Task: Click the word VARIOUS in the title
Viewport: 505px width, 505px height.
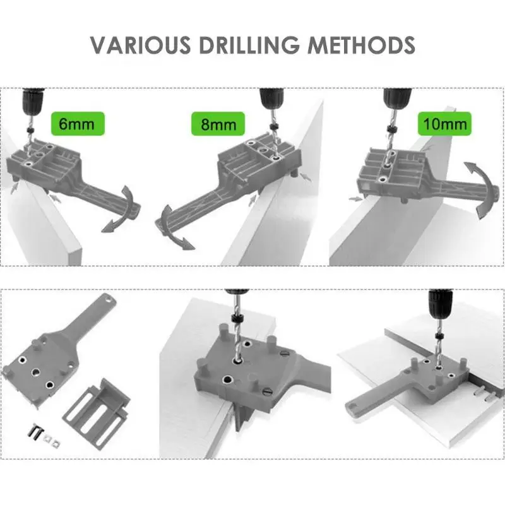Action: click(x=140, y=45)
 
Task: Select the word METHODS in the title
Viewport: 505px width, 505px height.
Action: click(x=361, y=45)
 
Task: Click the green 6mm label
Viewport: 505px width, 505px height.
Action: click(x=78, y=124)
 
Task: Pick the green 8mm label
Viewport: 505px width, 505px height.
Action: click(x=218, y=124)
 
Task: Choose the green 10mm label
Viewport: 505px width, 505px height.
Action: click(x=445, y=124)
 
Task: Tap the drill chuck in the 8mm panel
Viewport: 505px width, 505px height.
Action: click(x=272, y=99)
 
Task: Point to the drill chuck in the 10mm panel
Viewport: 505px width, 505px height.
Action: click(x=398, y=99)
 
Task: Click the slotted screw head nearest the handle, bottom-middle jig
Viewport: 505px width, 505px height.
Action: click(x=268, y=392)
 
